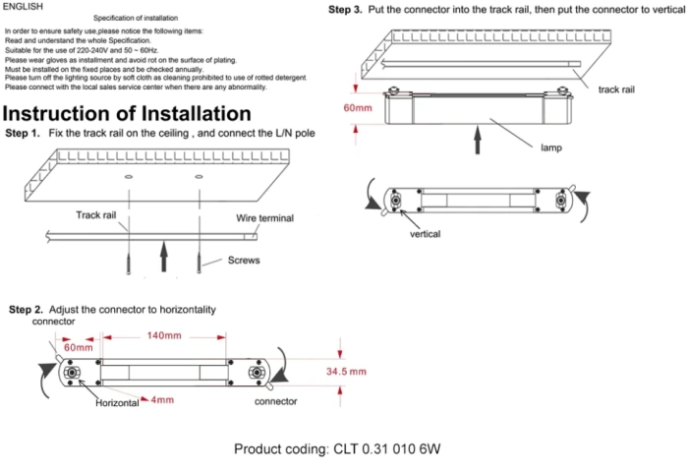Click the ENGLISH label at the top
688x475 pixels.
[x=24, y=6]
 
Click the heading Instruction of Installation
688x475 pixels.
[x=127, y=113]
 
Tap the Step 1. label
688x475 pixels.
[x=23, y=133]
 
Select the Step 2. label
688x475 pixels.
[x=26, y=310]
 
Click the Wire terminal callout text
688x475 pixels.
[x=264, y=218]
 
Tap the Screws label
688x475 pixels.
[x=244, y=261]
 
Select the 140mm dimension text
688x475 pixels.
[x=164, y=336]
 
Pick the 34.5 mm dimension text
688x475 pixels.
[x=345, y=372]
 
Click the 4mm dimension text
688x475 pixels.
[x=162, y=400]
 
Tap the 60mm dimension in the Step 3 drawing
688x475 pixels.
[x=358, y=107]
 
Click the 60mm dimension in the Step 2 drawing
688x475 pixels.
[x=79, y=347]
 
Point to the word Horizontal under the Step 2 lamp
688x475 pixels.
[x=116, y=403]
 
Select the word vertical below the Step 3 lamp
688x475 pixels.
[x=425, y=234]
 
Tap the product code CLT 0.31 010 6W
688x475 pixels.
[x=337, y=449]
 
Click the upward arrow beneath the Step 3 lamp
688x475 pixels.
[x=479, y=138]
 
